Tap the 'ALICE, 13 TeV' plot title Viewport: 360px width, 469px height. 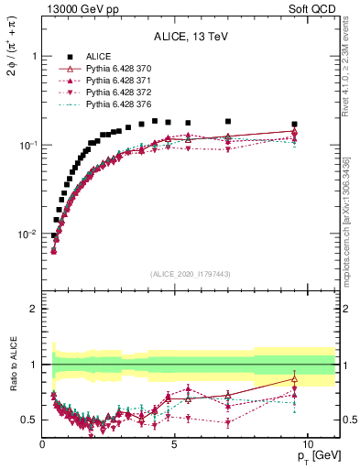[x=191, y=38]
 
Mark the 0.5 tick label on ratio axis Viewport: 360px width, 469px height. [x=29, y=420]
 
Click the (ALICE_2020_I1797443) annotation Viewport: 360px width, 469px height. [x=191, y=274]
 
